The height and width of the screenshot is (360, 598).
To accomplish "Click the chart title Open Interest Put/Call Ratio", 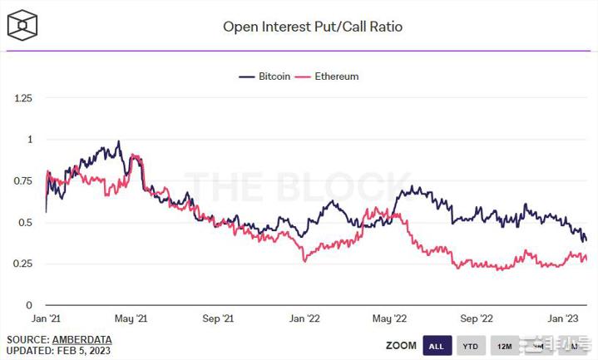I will click(x=313, y=27).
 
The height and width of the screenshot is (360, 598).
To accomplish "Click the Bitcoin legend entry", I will click(x=265, y=76).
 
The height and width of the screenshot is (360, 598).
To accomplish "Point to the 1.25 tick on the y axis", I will click(x=23, y=98).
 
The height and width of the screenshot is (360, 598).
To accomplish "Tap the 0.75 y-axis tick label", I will click(x=23, y=181).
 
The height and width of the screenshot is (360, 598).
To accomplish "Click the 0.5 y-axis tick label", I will click(x=27, y=223).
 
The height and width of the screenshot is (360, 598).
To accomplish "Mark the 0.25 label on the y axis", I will click(x=23, y=264).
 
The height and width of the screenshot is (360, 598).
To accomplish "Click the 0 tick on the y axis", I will click(x=30, y=305).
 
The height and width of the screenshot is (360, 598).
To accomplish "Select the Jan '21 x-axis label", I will click(x=44, y=318).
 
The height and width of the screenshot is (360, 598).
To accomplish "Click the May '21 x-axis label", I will click(x=131, y=318).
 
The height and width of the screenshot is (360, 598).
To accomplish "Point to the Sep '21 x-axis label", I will click(x=218, y=318).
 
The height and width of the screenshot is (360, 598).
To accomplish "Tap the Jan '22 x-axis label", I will click(x=304, y=318).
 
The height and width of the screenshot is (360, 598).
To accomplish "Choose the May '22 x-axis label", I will click(x=389, y=318).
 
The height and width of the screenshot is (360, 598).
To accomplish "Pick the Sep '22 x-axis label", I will click(x=477, y=318).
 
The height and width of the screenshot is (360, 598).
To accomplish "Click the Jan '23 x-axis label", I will click(x=563, y=318).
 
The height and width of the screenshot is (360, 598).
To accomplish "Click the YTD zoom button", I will click(x=470, y=346).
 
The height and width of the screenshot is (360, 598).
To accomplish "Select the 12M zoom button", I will click(x=504, y=346).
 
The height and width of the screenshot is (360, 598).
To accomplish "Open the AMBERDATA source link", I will click(x=82, y=340).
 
